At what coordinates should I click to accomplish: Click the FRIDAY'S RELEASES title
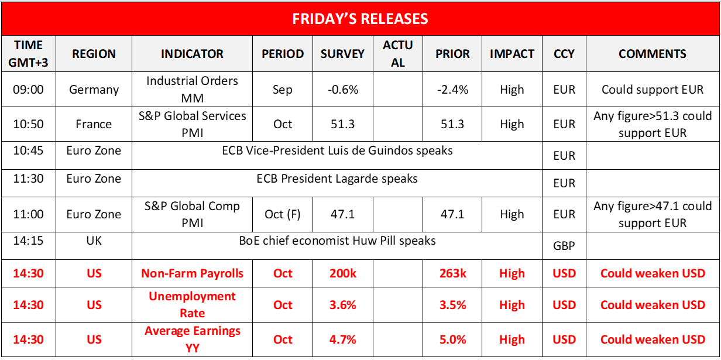point(360,19)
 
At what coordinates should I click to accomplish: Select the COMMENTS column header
point(653,54)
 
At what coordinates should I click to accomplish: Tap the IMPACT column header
point(512,54)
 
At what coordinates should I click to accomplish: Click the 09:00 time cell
point(29,90)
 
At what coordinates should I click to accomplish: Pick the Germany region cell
point(94,90)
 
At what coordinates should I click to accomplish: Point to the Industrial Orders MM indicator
point(192,90)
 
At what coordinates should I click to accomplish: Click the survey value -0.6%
point(342,90)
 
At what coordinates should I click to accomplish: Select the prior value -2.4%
point(452,90)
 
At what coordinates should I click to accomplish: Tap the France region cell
point(94,124)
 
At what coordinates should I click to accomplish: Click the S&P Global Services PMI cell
point(192,124)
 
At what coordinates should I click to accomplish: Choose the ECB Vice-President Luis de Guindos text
point(337,150)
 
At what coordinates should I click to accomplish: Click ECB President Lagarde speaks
point(337,179)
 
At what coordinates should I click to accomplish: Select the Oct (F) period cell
point(283,214)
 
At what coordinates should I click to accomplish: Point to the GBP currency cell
point(564,246)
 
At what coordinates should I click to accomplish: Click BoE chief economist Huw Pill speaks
point(337,241)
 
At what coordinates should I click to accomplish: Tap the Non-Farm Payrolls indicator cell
point(192,273)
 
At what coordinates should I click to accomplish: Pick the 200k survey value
point(342,273)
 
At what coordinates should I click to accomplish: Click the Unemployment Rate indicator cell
point(192,305)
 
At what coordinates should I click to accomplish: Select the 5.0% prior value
point(452,340)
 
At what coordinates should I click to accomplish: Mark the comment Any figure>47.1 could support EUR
point(653,214)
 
